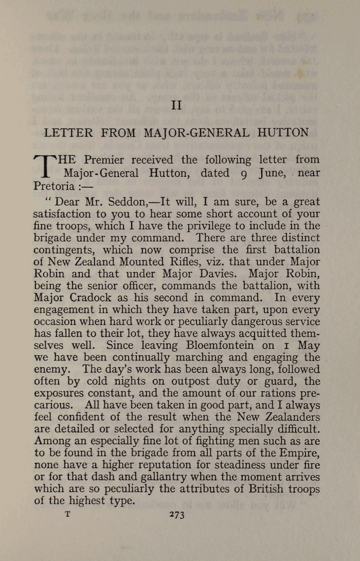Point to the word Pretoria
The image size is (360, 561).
54,185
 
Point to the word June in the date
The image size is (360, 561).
272,173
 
